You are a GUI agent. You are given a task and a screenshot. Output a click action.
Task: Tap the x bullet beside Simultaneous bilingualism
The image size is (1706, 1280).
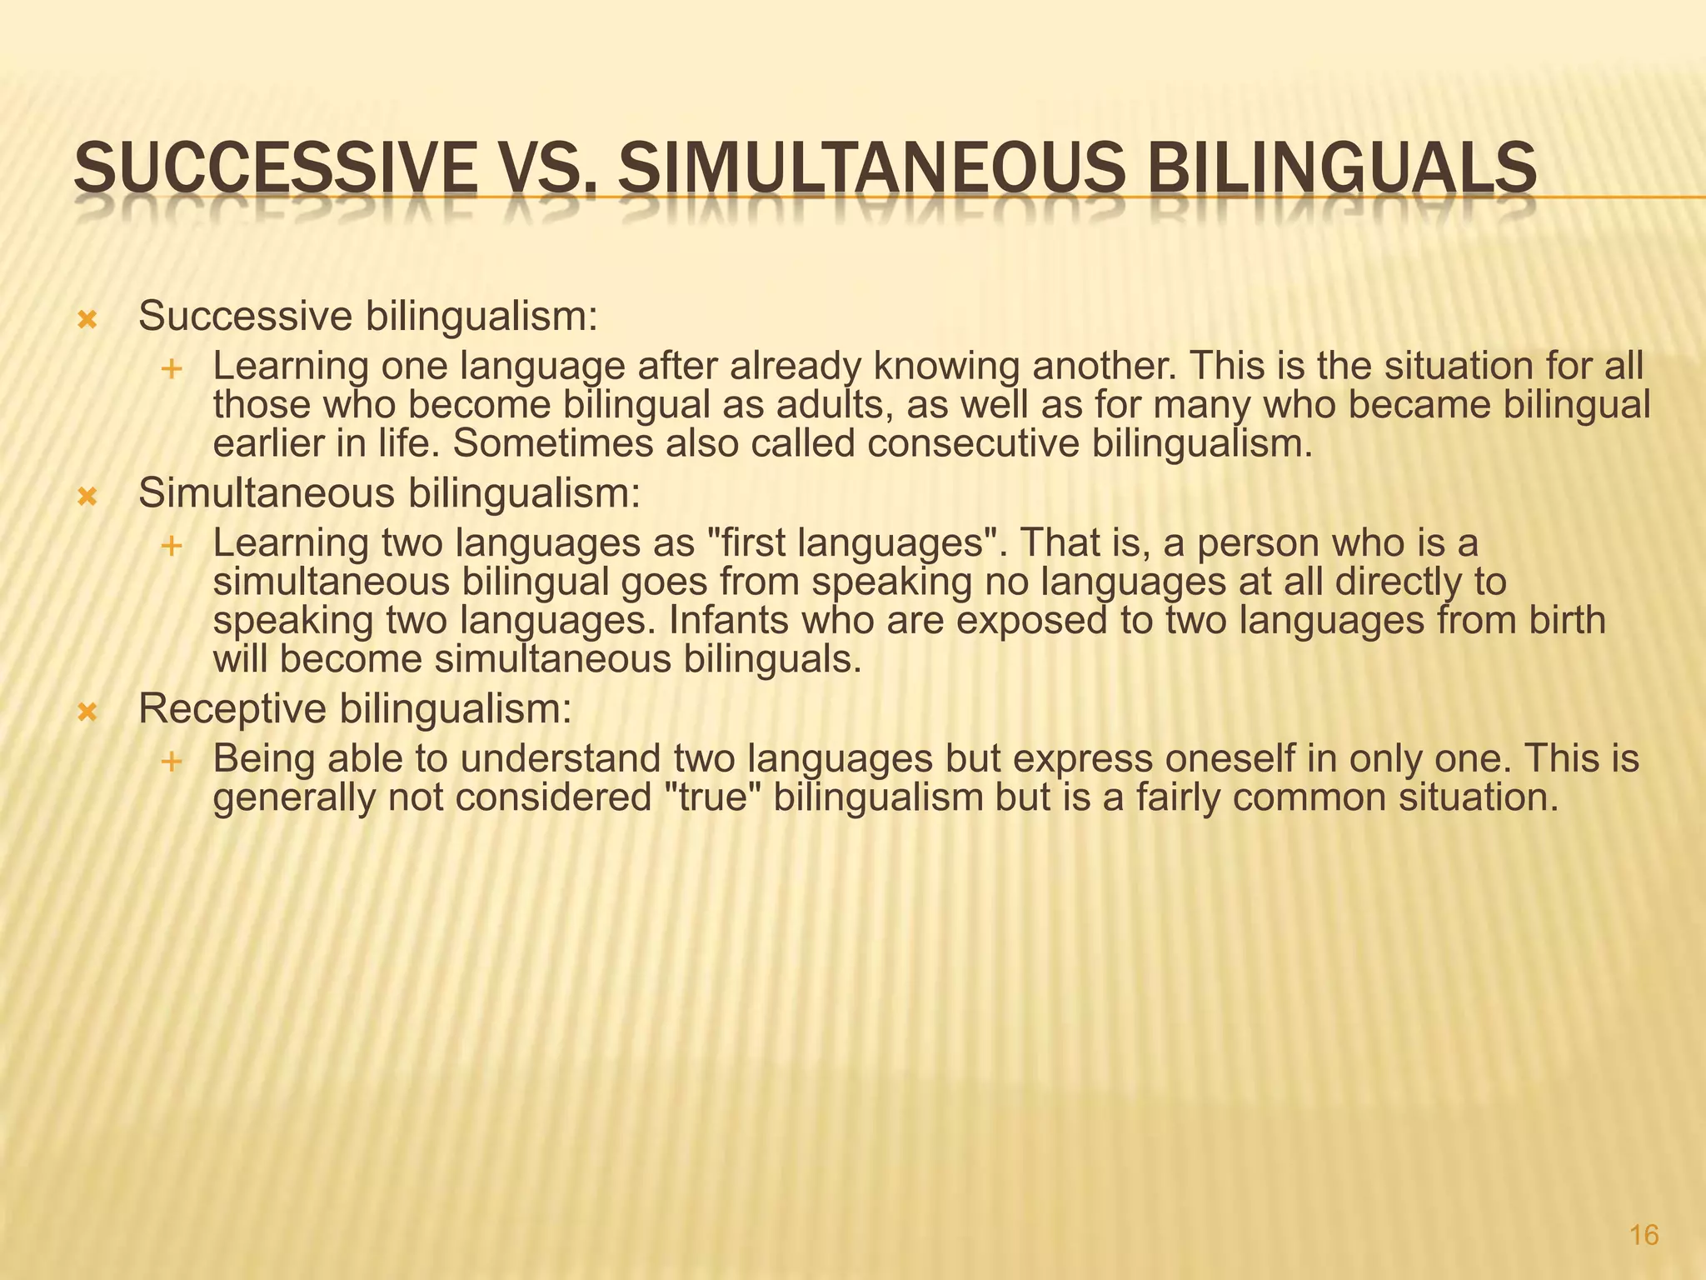coord(87,497)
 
